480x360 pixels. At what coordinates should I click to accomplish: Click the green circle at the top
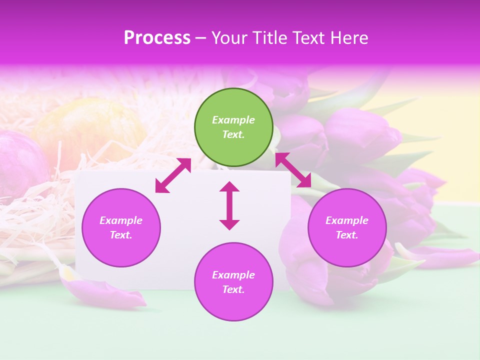233,127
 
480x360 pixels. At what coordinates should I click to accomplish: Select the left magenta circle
121,227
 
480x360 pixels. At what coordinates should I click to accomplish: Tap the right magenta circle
347,227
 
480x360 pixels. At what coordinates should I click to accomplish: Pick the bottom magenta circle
233,281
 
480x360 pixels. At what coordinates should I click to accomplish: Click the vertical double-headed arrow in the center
229,205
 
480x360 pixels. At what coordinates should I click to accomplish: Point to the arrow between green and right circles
293,170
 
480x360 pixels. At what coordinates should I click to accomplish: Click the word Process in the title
157,38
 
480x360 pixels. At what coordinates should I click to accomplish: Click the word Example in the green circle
233,120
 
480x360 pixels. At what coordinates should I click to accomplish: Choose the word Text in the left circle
121,235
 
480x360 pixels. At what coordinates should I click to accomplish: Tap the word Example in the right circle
347,220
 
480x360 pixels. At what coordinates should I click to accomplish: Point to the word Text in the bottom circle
233,289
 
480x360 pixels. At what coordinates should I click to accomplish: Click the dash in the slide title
201,38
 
